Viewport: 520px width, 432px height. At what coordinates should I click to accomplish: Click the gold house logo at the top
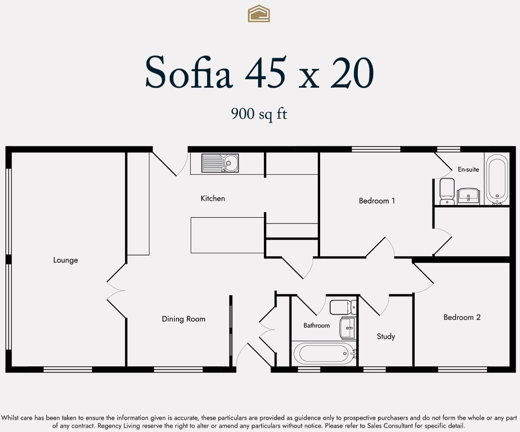point(259,14)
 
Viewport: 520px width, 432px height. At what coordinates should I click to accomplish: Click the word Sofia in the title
point(189,72)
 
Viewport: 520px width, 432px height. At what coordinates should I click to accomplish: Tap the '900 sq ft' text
point(259,114)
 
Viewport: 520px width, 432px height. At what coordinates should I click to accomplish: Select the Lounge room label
point(66,260)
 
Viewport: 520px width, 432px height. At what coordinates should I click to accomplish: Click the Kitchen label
point(213,198)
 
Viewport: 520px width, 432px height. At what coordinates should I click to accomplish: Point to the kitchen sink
point(220,163)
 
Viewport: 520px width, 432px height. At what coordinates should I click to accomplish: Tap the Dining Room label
point(184,319)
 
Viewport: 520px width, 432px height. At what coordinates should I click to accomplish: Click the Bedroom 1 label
point(377,201)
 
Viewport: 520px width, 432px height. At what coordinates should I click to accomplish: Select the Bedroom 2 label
point(462,317)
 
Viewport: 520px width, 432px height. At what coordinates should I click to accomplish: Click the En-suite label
point(468,169)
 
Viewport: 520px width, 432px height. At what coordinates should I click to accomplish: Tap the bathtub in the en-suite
point(497,179)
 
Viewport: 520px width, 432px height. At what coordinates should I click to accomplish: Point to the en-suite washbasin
point(468,196)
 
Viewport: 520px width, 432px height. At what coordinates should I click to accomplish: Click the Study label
point(386,336)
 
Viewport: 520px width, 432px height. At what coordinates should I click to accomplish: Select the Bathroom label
point(317,325)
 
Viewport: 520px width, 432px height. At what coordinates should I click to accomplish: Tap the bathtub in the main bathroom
point(324,353)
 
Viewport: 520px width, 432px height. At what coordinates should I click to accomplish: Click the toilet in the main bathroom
point(343,307)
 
